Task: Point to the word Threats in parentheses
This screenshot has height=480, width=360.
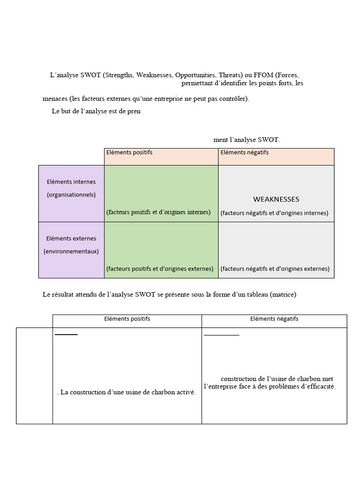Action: tap(230, 75)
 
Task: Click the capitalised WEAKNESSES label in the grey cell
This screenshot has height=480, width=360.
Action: tap(276, 199)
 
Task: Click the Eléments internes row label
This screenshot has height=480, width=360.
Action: tap(71, 182)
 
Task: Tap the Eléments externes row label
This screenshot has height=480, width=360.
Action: tap(71, 238)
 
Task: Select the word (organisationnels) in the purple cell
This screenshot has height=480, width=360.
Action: tap(71, 195)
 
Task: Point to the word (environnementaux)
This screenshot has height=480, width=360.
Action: tap(71, 251)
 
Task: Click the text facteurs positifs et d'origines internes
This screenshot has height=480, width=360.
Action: tap(158, 212)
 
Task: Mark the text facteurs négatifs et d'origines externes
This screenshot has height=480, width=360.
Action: tap(275, 269)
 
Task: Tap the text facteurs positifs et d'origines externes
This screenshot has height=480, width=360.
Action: tap(160, 269)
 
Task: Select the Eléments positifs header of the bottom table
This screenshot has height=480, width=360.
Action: tap(127, 319)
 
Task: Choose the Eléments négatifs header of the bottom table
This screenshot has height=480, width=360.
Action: tap(274, 319)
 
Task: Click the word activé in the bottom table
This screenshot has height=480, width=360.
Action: tap(184, 392)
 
